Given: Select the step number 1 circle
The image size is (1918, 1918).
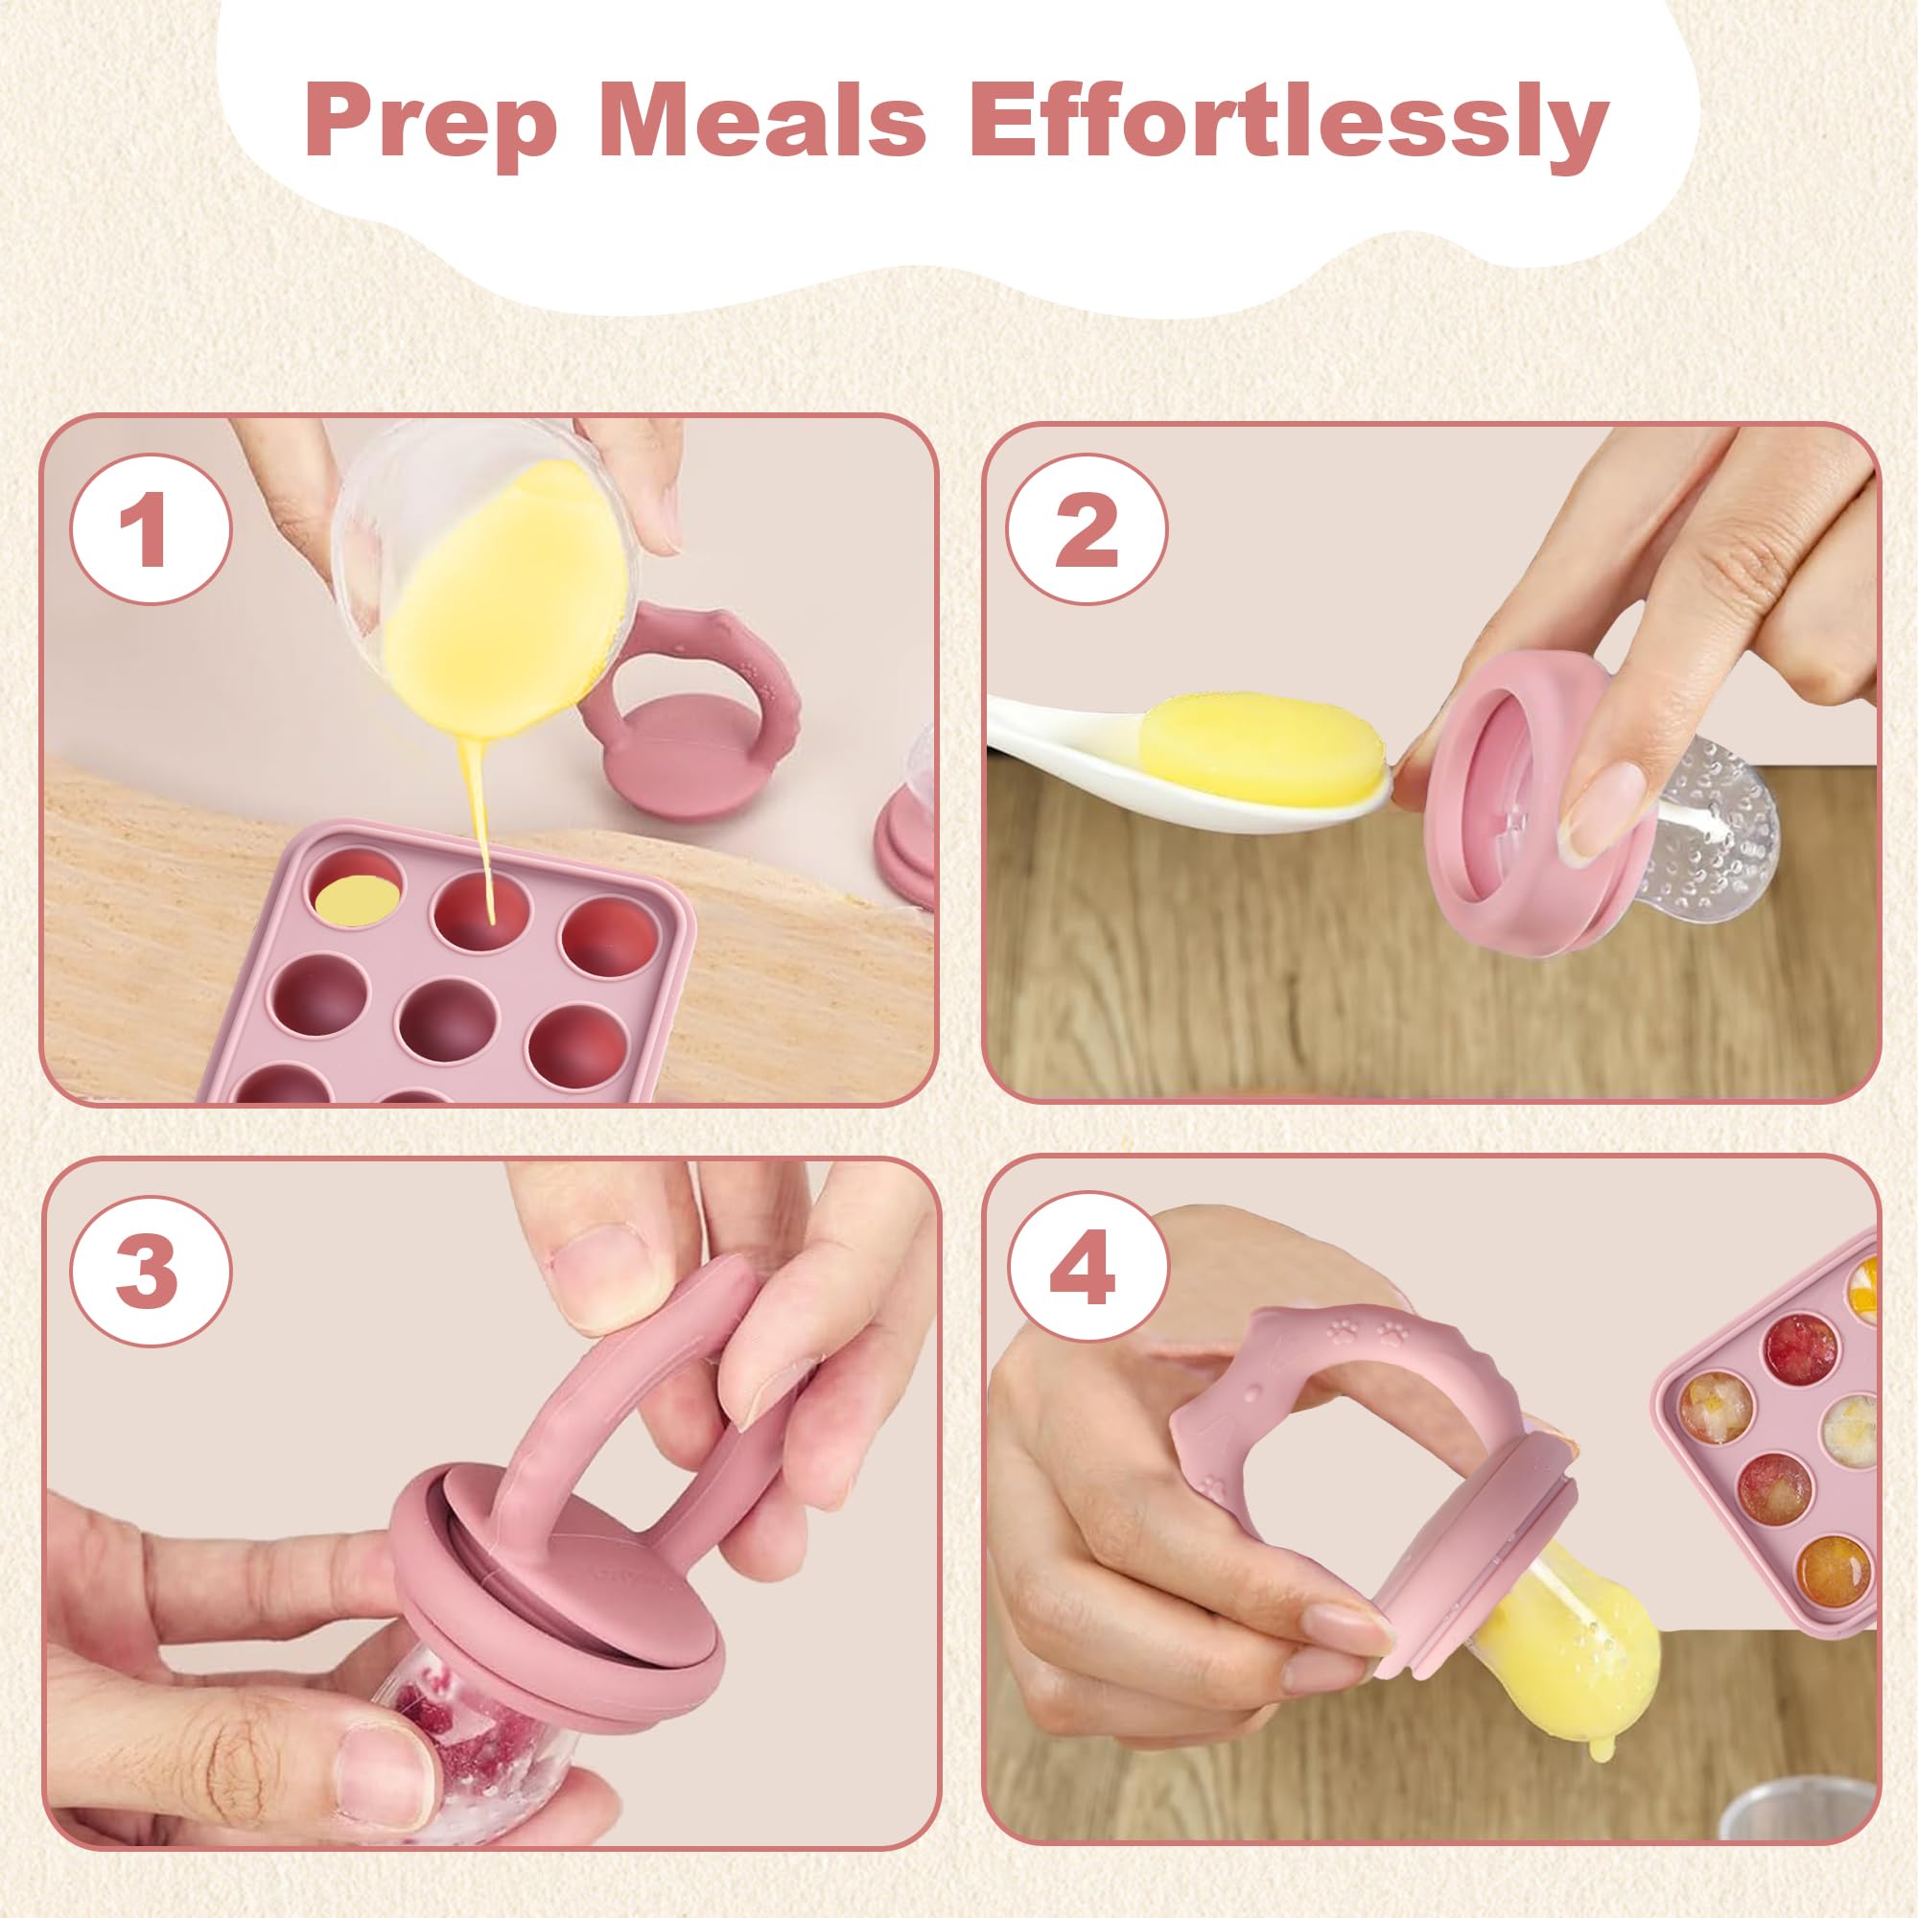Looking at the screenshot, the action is [150, 530].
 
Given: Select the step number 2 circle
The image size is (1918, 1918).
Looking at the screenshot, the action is [1088, 529].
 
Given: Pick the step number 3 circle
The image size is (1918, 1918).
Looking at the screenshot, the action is [150, 1272].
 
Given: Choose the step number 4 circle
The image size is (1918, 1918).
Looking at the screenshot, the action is [1088, 1272].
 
